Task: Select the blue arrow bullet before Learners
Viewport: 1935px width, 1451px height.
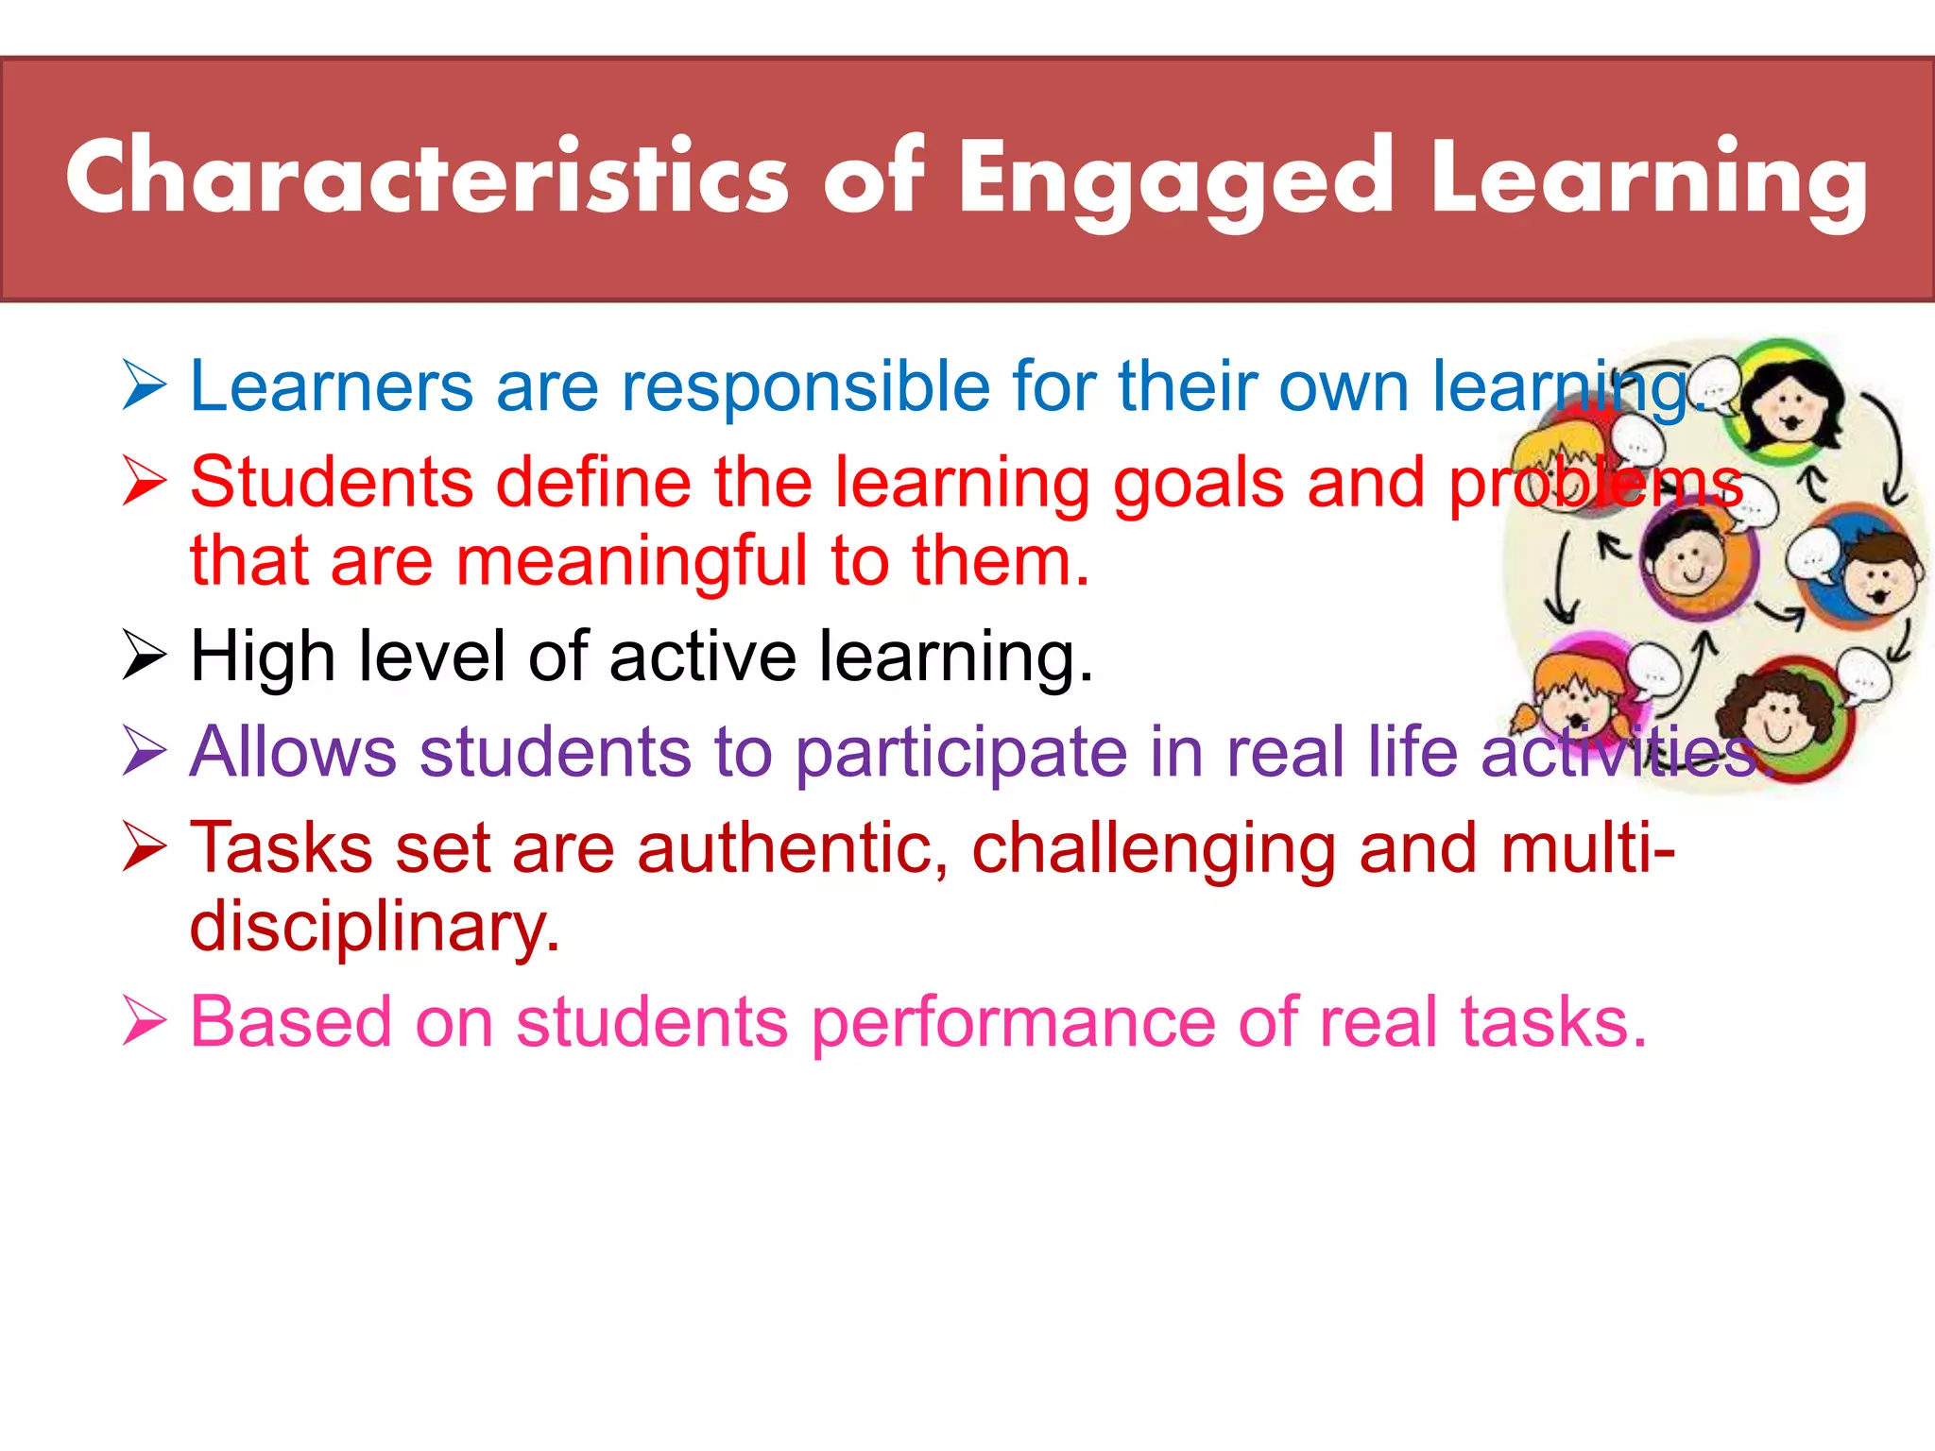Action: (x=145, y=387)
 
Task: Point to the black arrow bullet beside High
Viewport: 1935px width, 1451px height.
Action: (x=145, y=657)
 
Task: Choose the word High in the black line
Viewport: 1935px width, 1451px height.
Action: (x=263, y=657)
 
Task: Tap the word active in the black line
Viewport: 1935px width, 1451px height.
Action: (x=703, y=657)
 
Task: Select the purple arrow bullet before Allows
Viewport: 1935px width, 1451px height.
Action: (x=145, y=753)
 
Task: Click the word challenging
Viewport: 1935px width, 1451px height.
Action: (x=1153, y=849)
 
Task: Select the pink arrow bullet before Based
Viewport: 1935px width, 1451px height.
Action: (x=145, y=1023)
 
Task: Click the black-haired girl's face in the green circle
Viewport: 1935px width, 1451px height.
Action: (x=1789, y=406)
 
